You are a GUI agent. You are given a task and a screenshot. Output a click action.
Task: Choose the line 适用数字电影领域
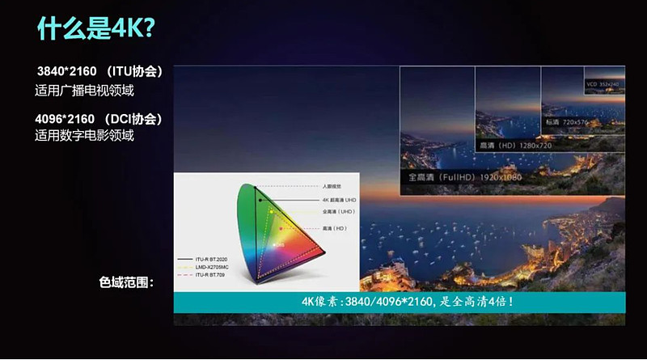click(84, 136)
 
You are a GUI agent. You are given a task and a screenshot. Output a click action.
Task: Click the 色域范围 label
click(126, 283)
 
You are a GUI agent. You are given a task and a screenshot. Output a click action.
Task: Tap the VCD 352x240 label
click(602, 83)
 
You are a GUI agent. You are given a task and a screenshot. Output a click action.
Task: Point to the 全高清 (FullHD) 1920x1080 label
click(464, 175)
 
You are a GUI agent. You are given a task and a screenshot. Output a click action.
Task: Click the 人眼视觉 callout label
click(333, 187)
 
